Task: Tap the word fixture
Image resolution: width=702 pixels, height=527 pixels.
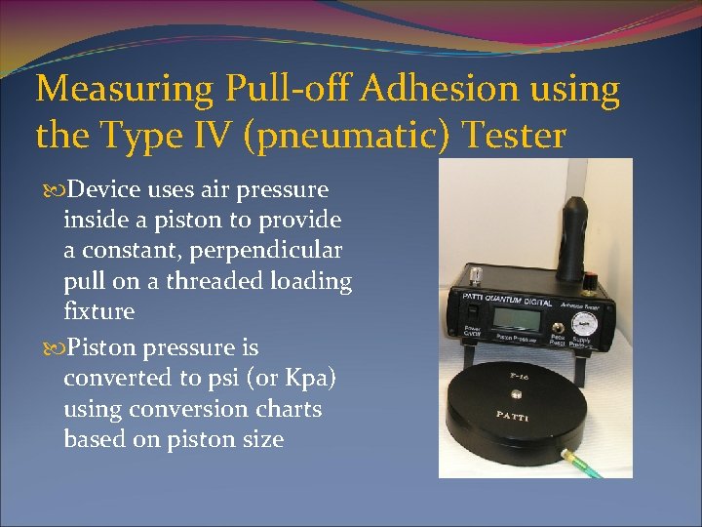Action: tap(98, 312)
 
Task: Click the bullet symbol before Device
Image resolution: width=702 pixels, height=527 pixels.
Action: tap(46, 189)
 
